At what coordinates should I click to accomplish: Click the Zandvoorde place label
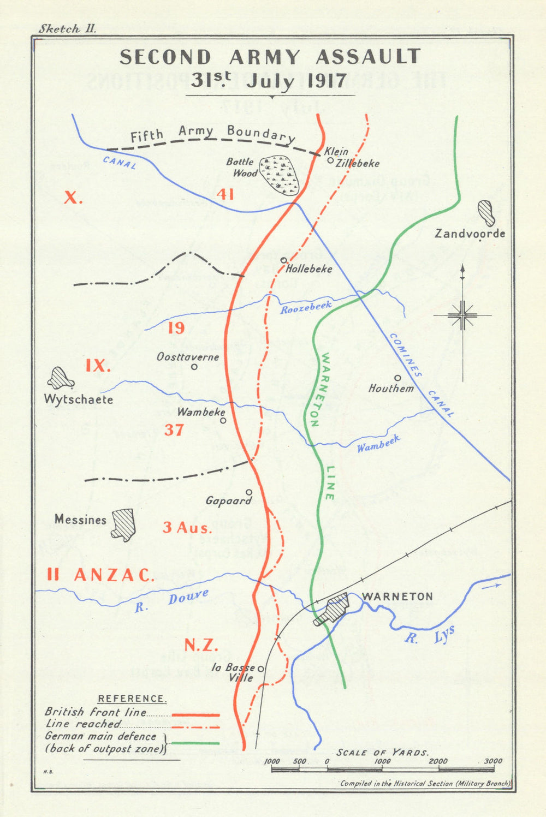point(470,234)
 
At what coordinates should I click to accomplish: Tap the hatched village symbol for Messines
point(123,524)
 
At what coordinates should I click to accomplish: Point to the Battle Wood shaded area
point(279,175)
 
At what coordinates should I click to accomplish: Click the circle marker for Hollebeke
point(283,260)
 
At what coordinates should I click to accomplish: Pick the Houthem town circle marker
point(397,378)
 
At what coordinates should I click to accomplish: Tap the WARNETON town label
point(397,597)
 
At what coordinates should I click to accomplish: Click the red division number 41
point(225,194)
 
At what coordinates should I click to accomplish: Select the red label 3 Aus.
point(187,528)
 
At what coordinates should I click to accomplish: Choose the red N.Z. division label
point(201,646)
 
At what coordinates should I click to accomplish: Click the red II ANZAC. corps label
point(100,575)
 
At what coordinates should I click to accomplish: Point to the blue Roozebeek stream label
point(306,308)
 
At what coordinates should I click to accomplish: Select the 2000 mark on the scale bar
point(438,761)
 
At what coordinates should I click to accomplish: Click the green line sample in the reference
point(195,743)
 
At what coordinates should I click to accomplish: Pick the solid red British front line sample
point(195,714)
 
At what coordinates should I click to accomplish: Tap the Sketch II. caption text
point(67,29)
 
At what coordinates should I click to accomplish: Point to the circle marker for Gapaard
point(249,492)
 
